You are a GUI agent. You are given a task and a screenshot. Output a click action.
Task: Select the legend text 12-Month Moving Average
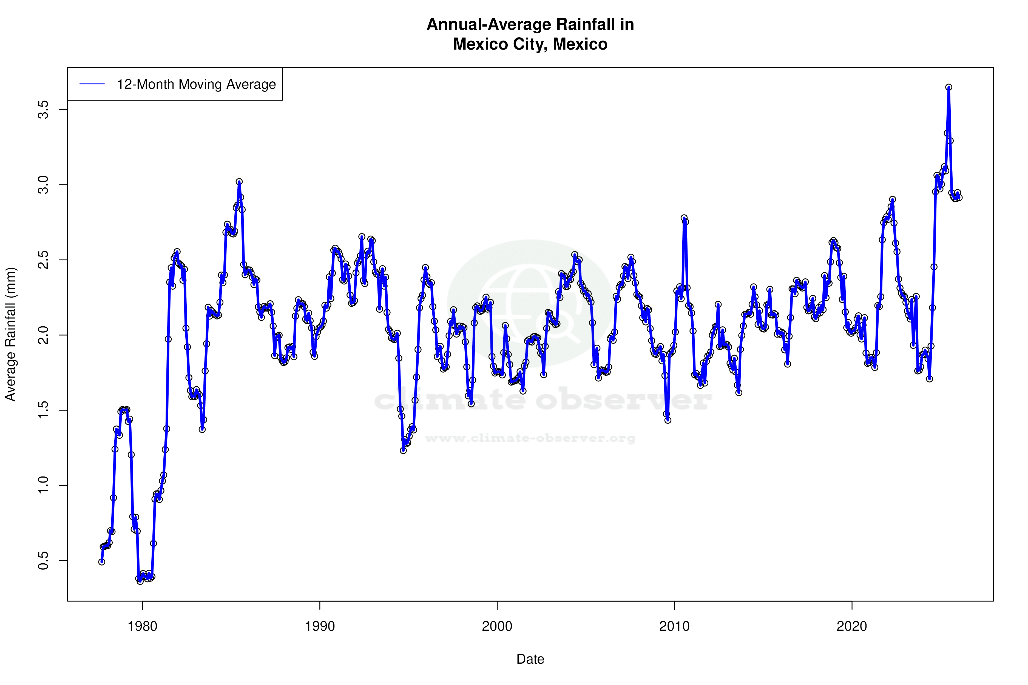[x=196, y=84]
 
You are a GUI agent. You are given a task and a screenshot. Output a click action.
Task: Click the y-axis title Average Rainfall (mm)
[x=10, y=334]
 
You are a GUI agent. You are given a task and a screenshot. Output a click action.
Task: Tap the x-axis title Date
[x=530, y=659]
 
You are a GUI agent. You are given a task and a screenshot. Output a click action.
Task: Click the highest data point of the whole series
[x=949, y=87]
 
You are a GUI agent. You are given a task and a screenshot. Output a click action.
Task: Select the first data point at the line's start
[x=102, y=562]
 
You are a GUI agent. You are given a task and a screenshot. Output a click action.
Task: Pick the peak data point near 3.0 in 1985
[x=239, y=182]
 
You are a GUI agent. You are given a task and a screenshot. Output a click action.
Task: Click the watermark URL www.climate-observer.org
[x=530, y=438]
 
